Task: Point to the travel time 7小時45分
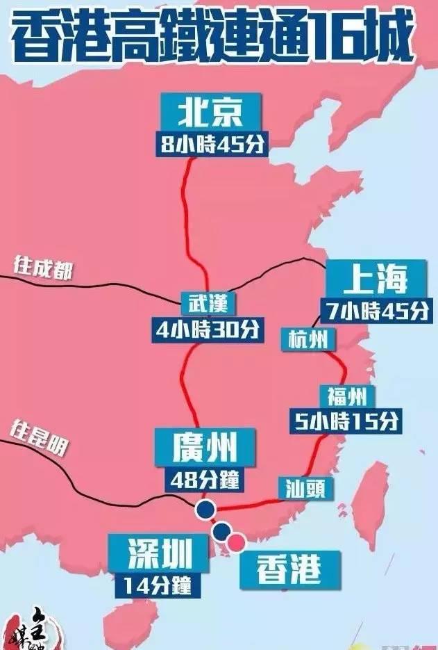coord(376,310)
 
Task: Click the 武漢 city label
coord(208,303)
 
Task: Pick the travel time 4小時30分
coord(208,329)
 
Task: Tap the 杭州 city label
coord(308,339)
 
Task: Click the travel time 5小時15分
coord(345,420)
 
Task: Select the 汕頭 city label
coord(305,488)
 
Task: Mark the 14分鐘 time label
coord(158,585)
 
